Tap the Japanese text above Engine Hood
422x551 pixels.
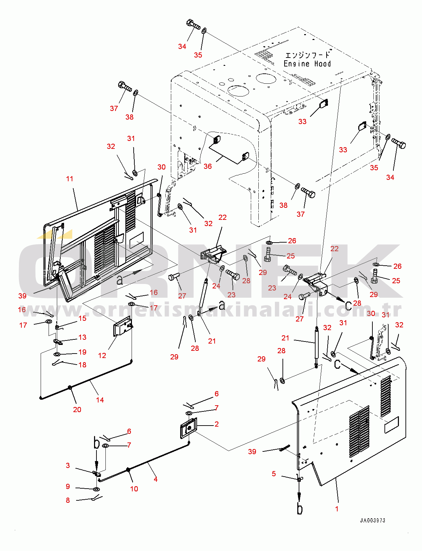[x=307, y=55]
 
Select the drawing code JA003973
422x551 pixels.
[x=372, y=520]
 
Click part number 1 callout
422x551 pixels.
[x=337, y=509]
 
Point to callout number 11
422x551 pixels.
[x=70, y=178]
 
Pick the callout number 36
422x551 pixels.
[x=207, y=166]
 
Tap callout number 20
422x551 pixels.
[x=77, y=409]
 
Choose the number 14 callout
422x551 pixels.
[x=100, y=400]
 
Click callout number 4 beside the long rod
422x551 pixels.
[x=156, y=479]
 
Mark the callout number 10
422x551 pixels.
[x=134, y=489]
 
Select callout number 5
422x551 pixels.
[x=274, y=473]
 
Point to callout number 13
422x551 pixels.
[x=82, y=337]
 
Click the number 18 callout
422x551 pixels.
[x=82, y=365]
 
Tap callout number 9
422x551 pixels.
[x=68, y=486]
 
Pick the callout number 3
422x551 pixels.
[x=68, y=465]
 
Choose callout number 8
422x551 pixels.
[x=68, y=500]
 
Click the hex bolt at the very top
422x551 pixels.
[x=193, y=24]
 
